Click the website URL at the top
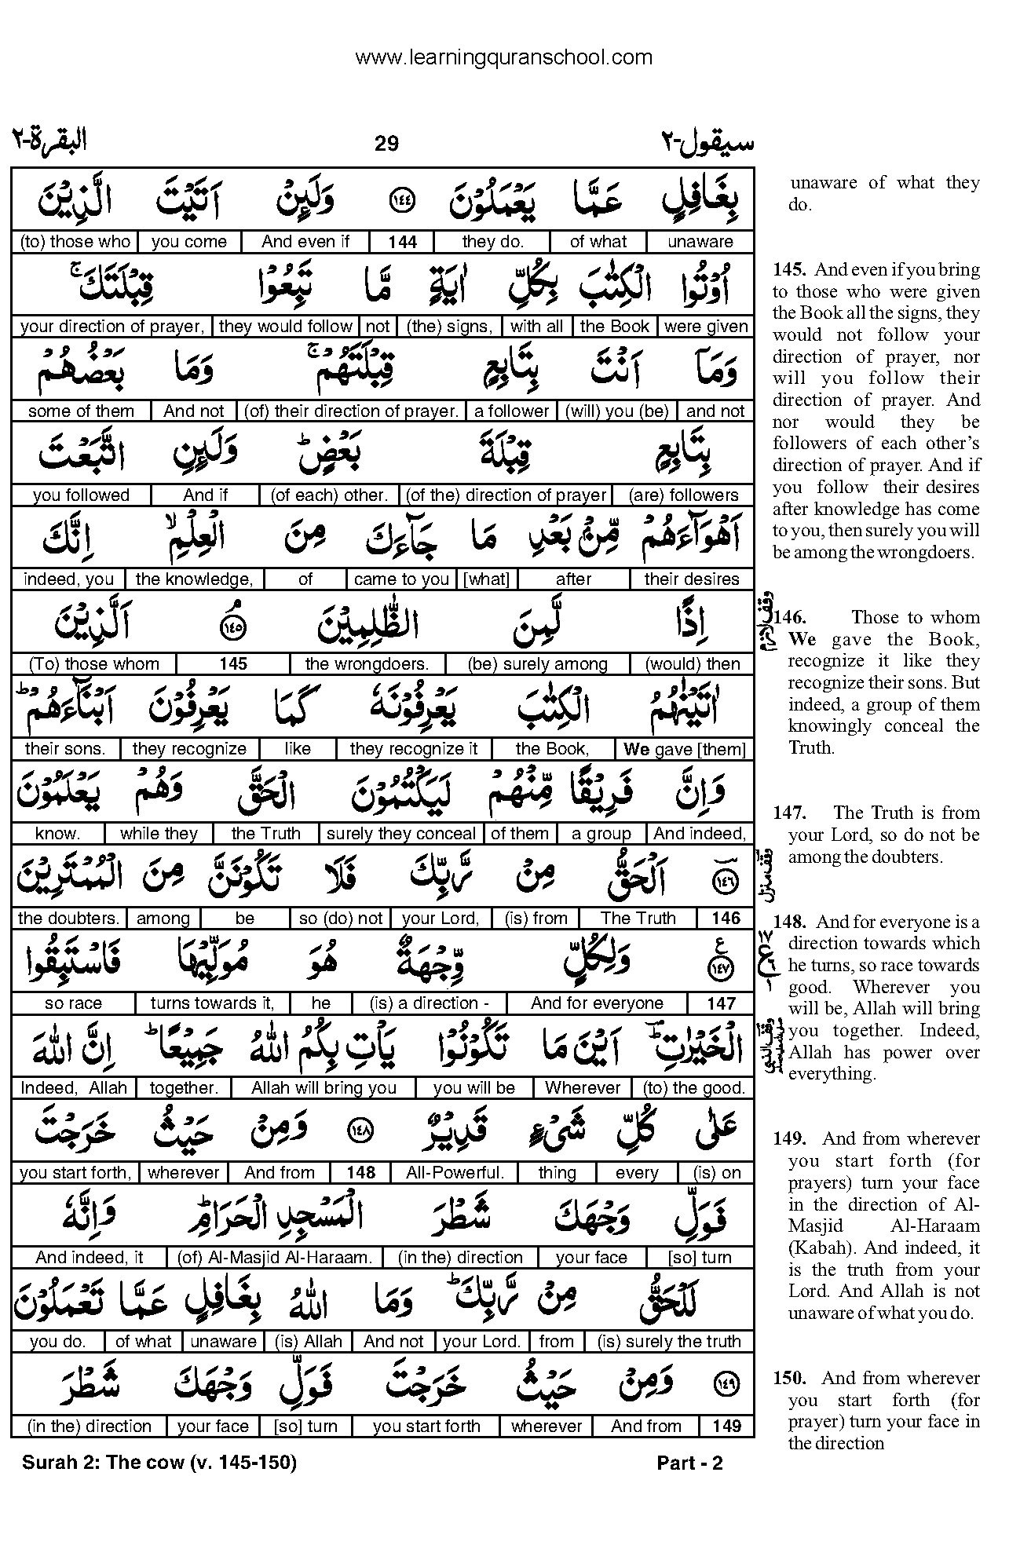(x=503, y=57)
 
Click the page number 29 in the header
(x=386, y=143)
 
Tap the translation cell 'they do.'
(x=492, y=242)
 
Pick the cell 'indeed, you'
(x=68, y=580)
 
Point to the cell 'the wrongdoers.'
(x=367, y=664)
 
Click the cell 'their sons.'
(x=64, y=749)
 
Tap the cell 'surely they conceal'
(x=401, y=834)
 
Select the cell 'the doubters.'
(x=68, y=919)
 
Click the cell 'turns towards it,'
(x=212, y=1003)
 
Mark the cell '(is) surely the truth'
(x=669, y=1342)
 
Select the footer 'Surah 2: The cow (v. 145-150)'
(x=159, y=1463)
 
